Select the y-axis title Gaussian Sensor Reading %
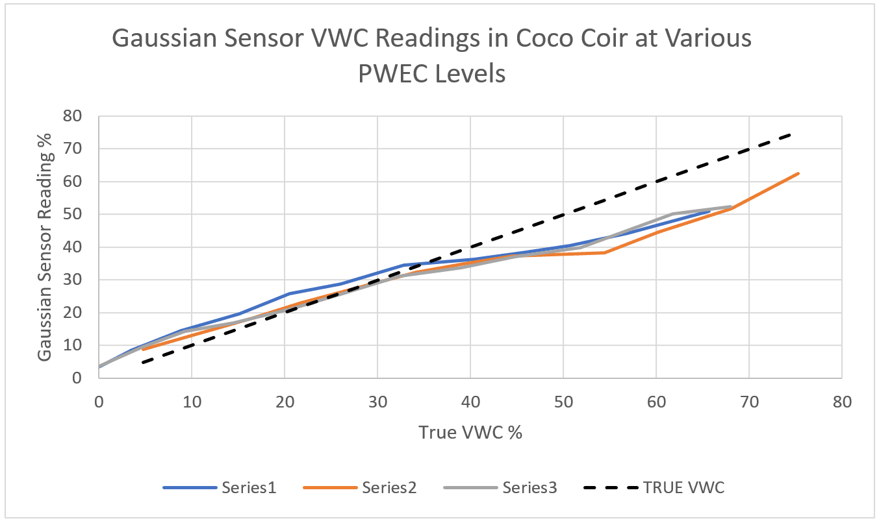[45, 247]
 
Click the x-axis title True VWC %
[470, 432]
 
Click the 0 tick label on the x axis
[99, 402]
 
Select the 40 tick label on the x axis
[470, 402]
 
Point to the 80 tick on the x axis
[842, 402]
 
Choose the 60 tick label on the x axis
[656, 402]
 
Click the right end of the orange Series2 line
[798, 173]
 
